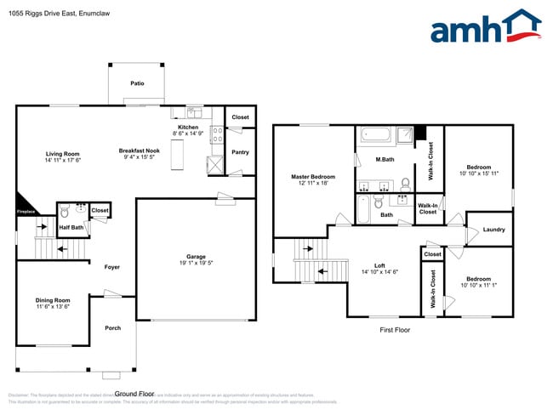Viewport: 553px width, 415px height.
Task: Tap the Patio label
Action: tap(136, 84)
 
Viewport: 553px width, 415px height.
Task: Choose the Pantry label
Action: tap(240, 153)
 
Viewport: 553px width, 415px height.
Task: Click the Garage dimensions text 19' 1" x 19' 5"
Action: tap(196, 263)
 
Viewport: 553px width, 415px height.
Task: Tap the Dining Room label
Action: tap(53, 300)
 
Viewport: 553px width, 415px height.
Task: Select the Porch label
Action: tap(112, 327)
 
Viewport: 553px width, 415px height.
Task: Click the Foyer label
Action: tap(111, 267)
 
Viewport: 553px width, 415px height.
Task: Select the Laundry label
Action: tap(493, 230)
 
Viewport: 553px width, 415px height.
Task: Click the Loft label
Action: tap(379, 265)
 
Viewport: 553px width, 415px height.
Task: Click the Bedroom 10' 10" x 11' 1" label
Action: tap(477, 279)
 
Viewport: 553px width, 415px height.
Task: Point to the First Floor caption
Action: tap(395, 329)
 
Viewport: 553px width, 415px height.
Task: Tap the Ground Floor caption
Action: tap(134, 394)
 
